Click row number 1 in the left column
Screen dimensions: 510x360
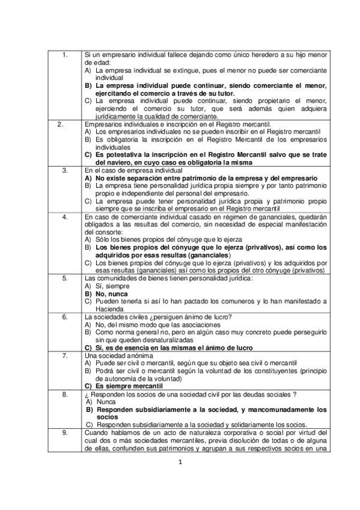pyautogui.click(x=64, y=55)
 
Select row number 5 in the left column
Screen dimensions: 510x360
pyautogui.click(x=64, y=278)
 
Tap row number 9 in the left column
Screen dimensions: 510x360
pyautogui.click(x=64, y=432)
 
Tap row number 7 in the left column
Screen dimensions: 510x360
pyautogui.click(x=64, y=355)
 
